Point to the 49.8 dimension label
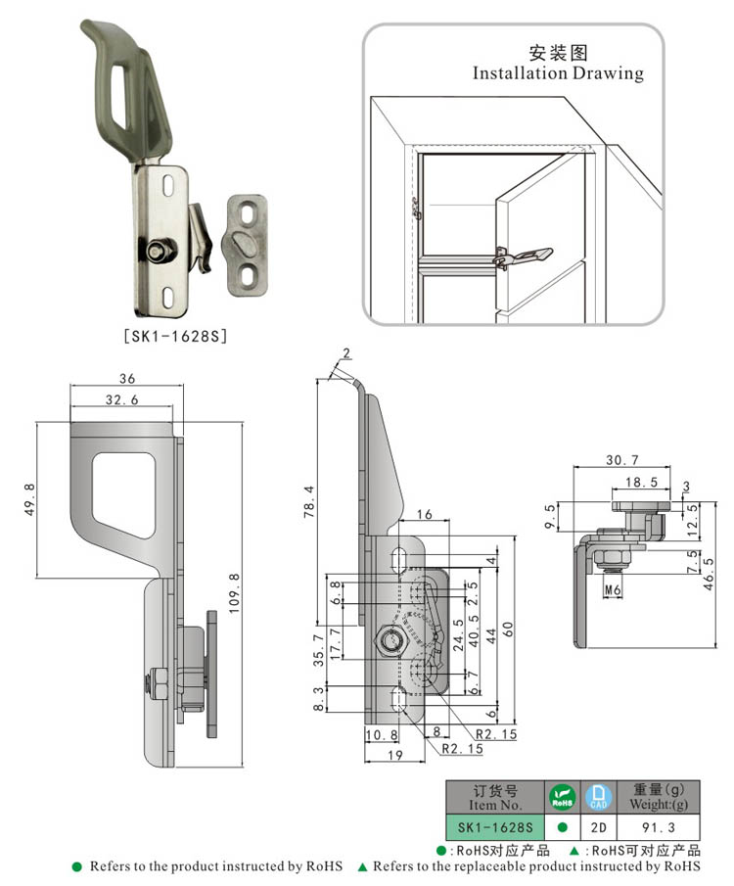pyautogui.click(x=28, y=498)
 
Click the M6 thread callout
pyautogui.click(x=613, y=589)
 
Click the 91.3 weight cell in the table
pyautogui.click(x=654, y=826)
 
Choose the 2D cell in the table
pyautogui.click(x=598, y=826)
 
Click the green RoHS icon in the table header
pyautogui.click(x=561, y=796)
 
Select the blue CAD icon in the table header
pyautogui.click(x=598, y=796)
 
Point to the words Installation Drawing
pyautogui.click(x=558, y=73)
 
